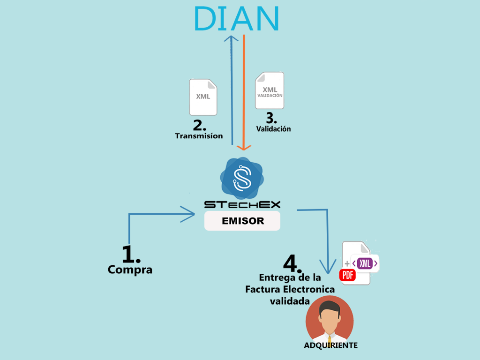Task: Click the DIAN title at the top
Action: click(x=236, y=18)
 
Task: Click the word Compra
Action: click(x=130, y=270)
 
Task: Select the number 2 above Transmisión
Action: click(x=200, y=126)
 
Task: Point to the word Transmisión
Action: click(x=199, y=136)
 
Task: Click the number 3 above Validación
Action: click(x=271, y=118)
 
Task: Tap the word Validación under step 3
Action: click(x=273, y=129)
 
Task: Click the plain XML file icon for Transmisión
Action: click(x=203, y=97)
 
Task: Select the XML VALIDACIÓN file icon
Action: click(x=270, y=90)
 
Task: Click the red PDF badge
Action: click(x=347, y=275)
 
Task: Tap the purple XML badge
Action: click(x=365, y=263)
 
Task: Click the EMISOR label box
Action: click(x=242, y=221)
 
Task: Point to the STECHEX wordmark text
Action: click(x=242, y=204)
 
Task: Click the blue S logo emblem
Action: click(x=242, y=178)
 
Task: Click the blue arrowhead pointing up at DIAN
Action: click(x=231, y=38)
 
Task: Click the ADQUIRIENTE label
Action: click(x=330, y=345)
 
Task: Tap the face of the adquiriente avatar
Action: click(x=330, y=318)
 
